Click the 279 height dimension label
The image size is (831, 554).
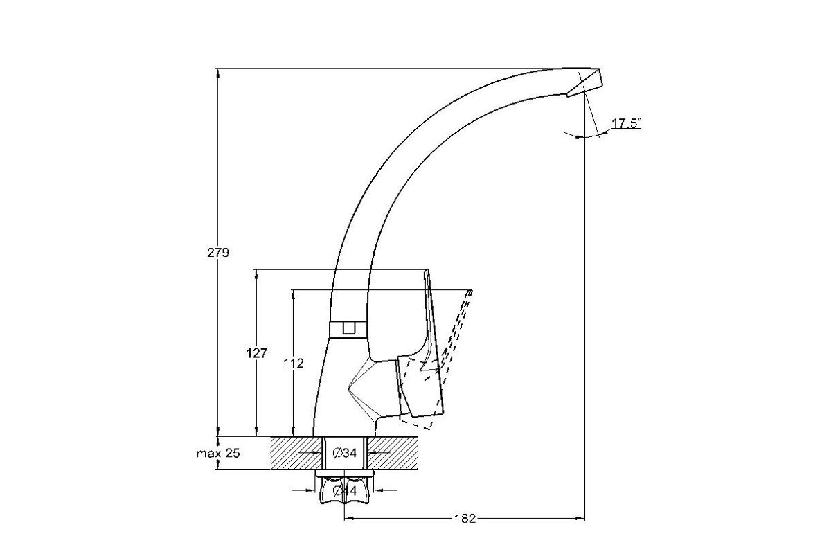pyautogui.click(x=218, y=253)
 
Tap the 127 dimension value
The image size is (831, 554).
pyautogui.click(x=257, y=353)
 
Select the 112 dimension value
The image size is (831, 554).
pyautogui.click(x=294, y=364)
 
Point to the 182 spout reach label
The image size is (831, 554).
pyautogui.click(x=465, y=519)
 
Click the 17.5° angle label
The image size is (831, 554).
pyautogui.click(x=626, y=123)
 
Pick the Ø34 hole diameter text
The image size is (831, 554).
pyautogui.click(x=345, y=453)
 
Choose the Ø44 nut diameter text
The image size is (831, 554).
pyautogui.click(x=345, y=490)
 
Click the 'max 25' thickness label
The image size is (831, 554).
pyautogui.click(x=218, y=453)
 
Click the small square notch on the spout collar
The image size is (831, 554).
pyautogui.click(x=348, y=328)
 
